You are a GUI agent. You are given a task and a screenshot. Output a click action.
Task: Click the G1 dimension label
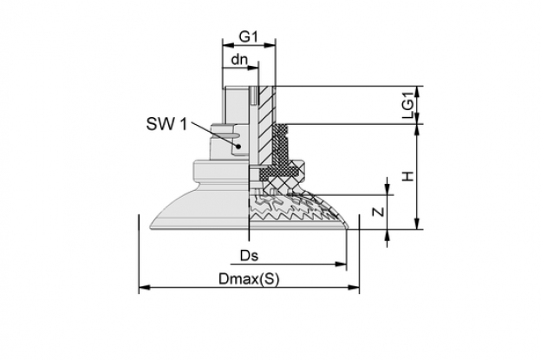(x=249, y=36)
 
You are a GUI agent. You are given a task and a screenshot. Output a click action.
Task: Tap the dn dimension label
(x=239, y=60)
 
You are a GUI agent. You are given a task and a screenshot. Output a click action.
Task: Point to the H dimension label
(x=408, y=176)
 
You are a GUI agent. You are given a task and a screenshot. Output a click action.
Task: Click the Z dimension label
(x=379, y=212)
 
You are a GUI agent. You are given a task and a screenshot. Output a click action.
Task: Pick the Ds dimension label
(x=249, y=256)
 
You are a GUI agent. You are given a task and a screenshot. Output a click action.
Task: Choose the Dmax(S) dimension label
(x=249, y=278)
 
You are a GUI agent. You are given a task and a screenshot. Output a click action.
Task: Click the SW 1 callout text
(x=166, y=124)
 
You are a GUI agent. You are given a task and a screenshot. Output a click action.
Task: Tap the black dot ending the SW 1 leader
(x=238, y=147)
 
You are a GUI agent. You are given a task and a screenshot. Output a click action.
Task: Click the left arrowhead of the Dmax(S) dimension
(x=144, y=287)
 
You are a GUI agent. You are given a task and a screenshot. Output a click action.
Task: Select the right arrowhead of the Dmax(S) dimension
(x=354, y=287)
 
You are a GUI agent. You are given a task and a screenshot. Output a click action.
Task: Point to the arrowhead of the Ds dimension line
(x=341, y=265)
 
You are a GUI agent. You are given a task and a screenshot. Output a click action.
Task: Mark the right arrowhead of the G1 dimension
(x=270, y=44)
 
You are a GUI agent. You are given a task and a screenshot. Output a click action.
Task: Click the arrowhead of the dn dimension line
(x=253, y=68)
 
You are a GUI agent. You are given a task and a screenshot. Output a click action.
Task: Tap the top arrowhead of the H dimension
(x=418, y=129)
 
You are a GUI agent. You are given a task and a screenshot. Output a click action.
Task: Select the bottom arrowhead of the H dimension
(x=418, y=223)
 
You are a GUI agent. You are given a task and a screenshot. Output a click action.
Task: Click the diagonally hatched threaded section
(x=265, y=124)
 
